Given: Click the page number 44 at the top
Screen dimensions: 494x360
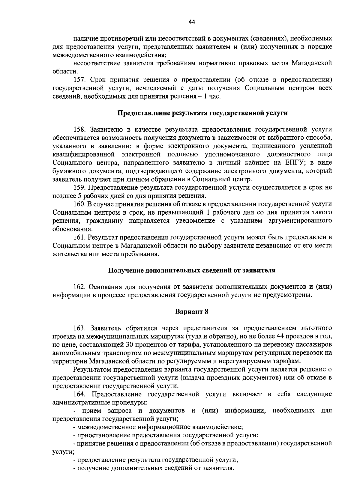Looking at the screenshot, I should pyautogui.click(x=192, y=22).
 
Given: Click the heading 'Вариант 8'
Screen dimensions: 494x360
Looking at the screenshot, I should pyautogui.click(x=192, y=311).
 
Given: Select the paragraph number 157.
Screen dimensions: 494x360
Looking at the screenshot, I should pyautogui.click(x=79, y=80).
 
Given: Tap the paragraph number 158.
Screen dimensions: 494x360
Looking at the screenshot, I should pyautogui.click(x=79, y=129).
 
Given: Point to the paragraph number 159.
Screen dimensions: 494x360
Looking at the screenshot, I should pyautogui.click(x=79, y=188).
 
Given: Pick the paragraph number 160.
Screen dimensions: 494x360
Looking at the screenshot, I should pyautogui.click(x=79, y=204).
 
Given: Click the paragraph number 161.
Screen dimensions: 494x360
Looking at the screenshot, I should pyautogui.click(x=79, y=237).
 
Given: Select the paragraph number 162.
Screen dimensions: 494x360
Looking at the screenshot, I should pyautogui.click(x=79, y=287).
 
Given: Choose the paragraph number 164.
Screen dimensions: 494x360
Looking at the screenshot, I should pyautogui.click(x=79, y=394).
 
